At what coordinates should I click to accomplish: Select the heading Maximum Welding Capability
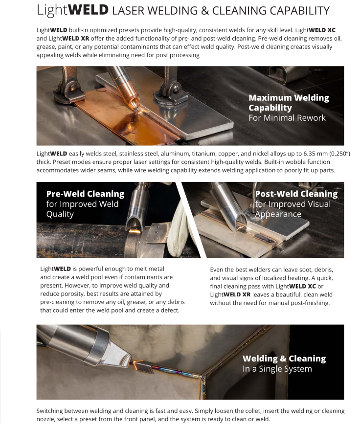pos(289,103)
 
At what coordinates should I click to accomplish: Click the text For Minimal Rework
pos(287,118)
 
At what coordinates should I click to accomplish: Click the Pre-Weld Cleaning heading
pos(85,194)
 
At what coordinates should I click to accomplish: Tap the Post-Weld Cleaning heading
pos(296,194)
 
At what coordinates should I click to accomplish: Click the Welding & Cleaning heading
pos(284,359)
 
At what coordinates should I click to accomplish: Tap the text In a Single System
pos(277,369)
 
